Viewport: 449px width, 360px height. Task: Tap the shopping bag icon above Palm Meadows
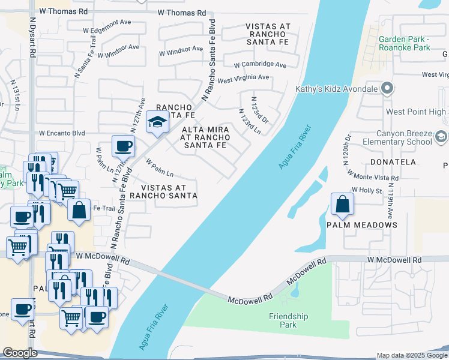342,203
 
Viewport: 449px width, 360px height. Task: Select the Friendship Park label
288,320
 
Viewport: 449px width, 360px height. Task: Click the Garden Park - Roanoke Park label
405,43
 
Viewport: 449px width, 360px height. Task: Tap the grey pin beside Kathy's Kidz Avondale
387,89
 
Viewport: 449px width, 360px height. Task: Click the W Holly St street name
367,190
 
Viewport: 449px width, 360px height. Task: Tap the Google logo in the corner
20,353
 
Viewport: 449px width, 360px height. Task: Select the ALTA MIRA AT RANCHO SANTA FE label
204,137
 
